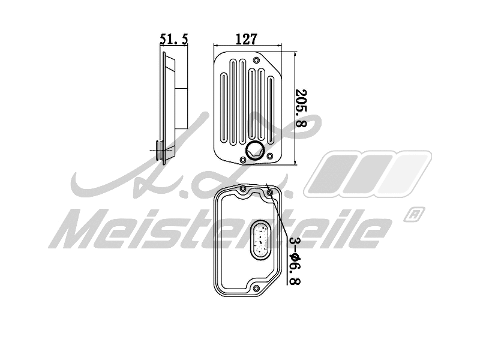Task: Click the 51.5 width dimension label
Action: (174, 39)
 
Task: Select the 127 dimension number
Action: (246, 39)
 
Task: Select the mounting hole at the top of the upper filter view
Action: (256, 60)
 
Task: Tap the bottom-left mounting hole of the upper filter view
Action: (242, 159)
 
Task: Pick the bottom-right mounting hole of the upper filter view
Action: (270, 157)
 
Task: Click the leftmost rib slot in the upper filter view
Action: (224, 109)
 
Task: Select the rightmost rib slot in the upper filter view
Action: (271, 109)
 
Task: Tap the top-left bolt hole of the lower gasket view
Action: (242, 189)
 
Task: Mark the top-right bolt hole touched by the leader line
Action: (270, 193)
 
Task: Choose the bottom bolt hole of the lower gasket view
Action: (256, 290)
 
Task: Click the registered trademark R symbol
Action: (415, 213)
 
